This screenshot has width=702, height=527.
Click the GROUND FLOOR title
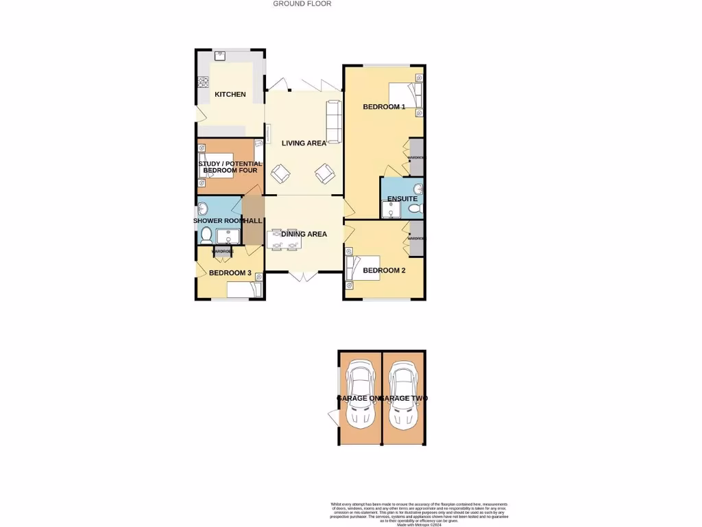click(302, 3)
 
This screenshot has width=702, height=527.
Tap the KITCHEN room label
click(230, 94)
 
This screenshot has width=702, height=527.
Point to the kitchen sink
click(223, 57)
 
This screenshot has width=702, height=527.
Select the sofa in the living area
click(334, 121)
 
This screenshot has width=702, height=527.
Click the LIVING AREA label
click(304, 143)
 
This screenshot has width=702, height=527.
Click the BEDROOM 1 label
click(384, 107)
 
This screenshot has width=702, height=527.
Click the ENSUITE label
click(402, 199)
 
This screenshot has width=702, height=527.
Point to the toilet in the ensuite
click(413, 209)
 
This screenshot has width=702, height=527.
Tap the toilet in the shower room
click(206, 235)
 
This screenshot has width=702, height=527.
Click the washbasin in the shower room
click(204, 207)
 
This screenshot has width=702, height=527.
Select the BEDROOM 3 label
click(230, 273)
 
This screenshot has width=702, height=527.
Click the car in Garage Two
click(402, 397)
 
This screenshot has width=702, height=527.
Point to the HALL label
click(254, 221)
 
